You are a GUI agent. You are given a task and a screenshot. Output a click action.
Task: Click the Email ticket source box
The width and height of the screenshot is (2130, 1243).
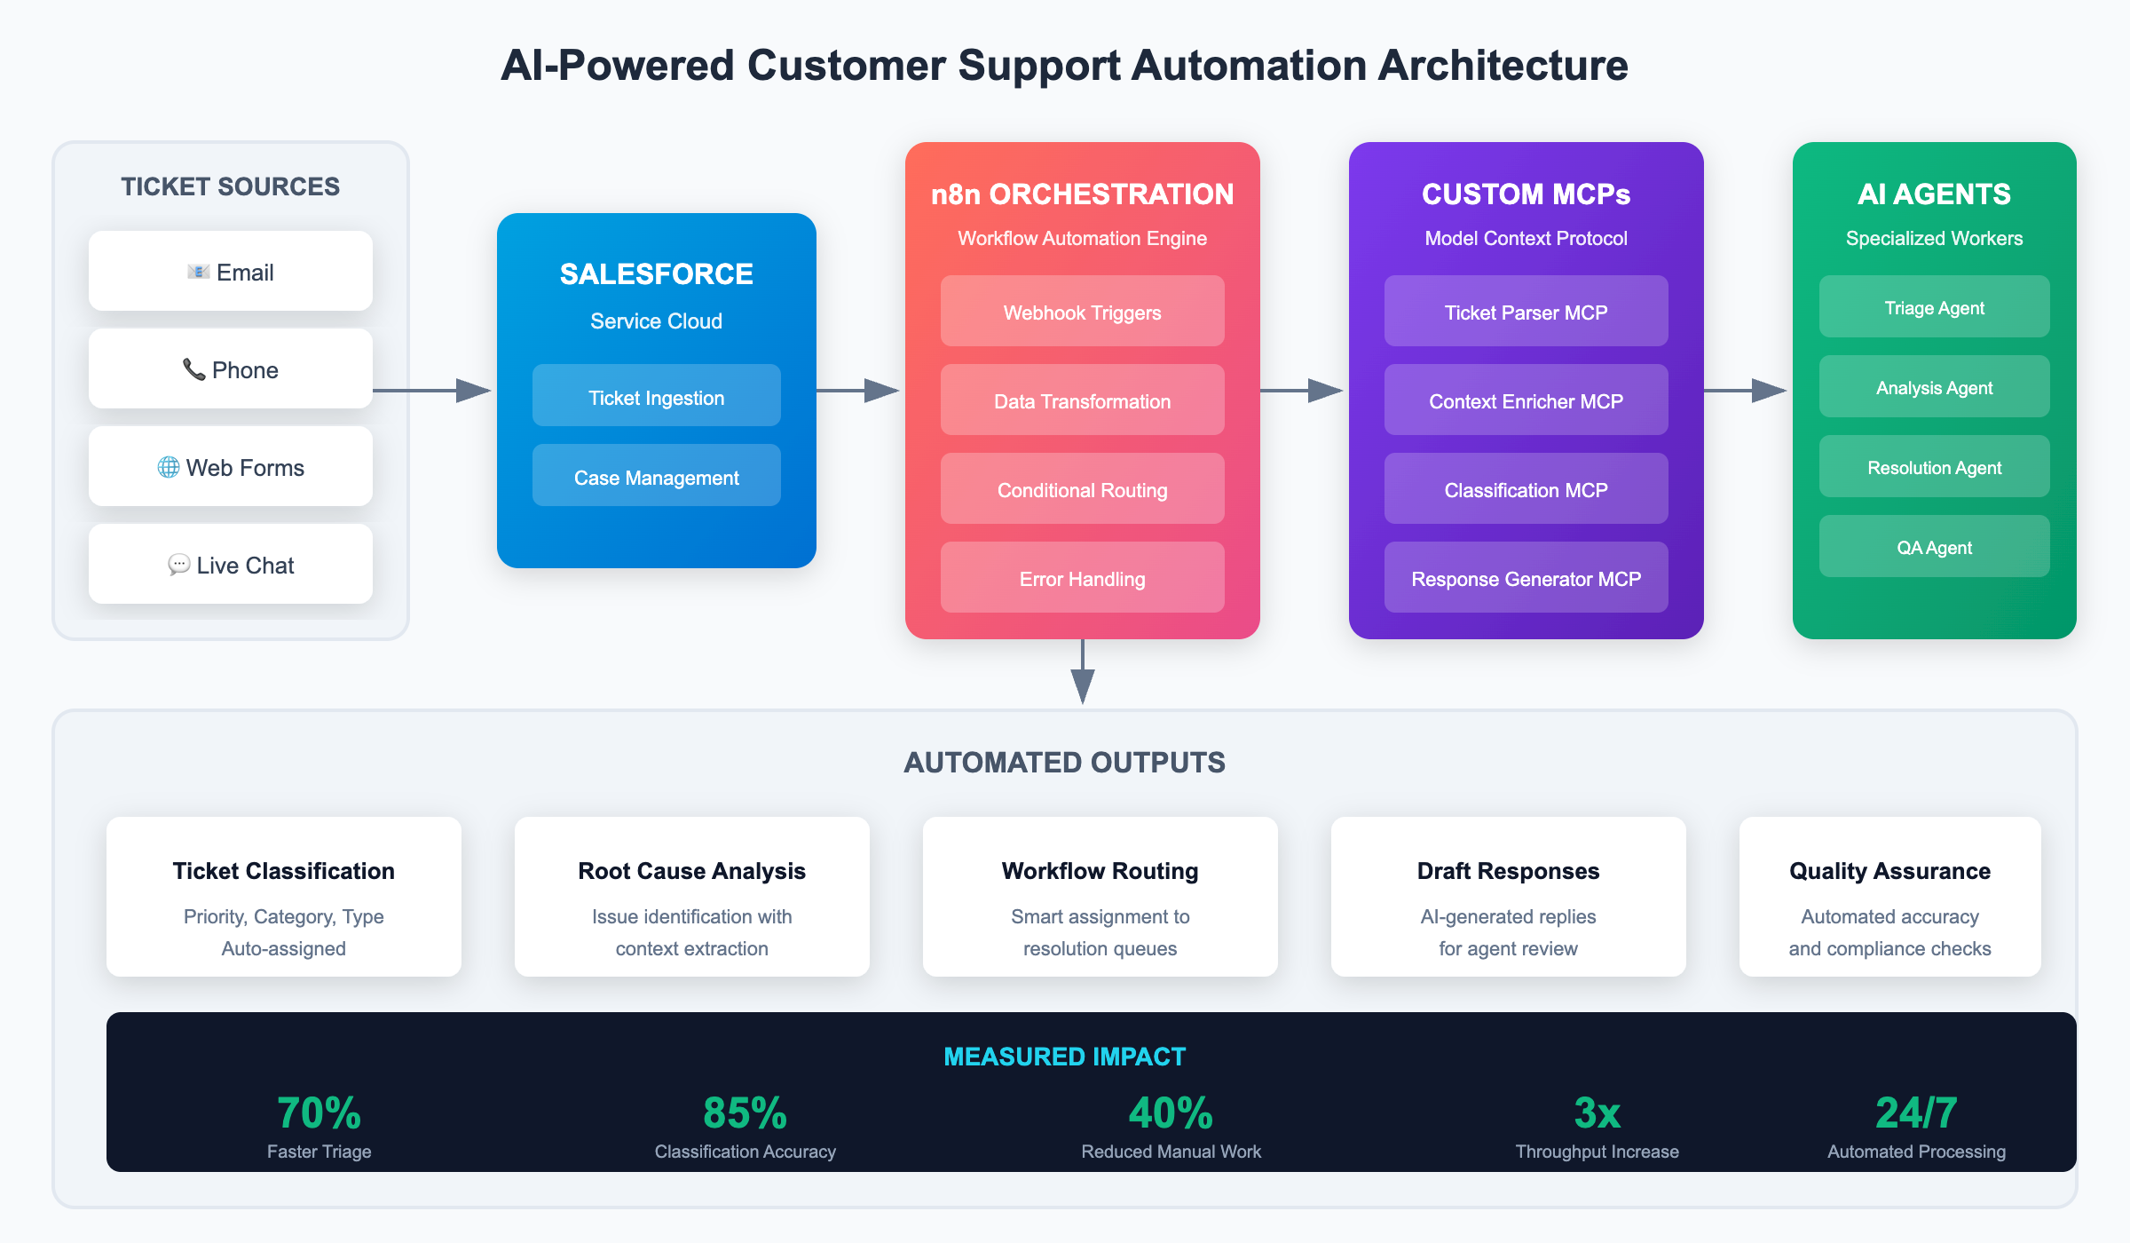pos(231,271)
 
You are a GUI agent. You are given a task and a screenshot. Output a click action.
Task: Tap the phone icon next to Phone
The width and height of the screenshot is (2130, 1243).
pos(193,368)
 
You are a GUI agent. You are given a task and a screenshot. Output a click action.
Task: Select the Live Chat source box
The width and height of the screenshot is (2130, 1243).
pos(231,564)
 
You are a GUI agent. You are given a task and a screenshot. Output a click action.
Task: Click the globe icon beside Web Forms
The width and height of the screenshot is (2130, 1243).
pos(168,467)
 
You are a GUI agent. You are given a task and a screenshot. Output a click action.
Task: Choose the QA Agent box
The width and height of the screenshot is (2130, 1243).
pos(1934,546)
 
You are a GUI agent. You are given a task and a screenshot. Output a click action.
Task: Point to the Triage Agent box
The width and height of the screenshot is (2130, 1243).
pos(1934,306)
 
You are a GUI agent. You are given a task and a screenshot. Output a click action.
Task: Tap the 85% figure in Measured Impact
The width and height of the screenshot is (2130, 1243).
pos(745,1112)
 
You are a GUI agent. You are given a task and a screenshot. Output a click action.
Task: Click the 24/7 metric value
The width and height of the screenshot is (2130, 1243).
pos(1916,1112)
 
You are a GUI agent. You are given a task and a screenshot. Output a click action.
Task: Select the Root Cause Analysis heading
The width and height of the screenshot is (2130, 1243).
pos(691,871)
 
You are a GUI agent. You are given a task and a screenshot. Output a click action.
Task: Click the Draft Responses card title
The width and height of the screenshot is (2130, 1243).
pos(1508,871)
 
